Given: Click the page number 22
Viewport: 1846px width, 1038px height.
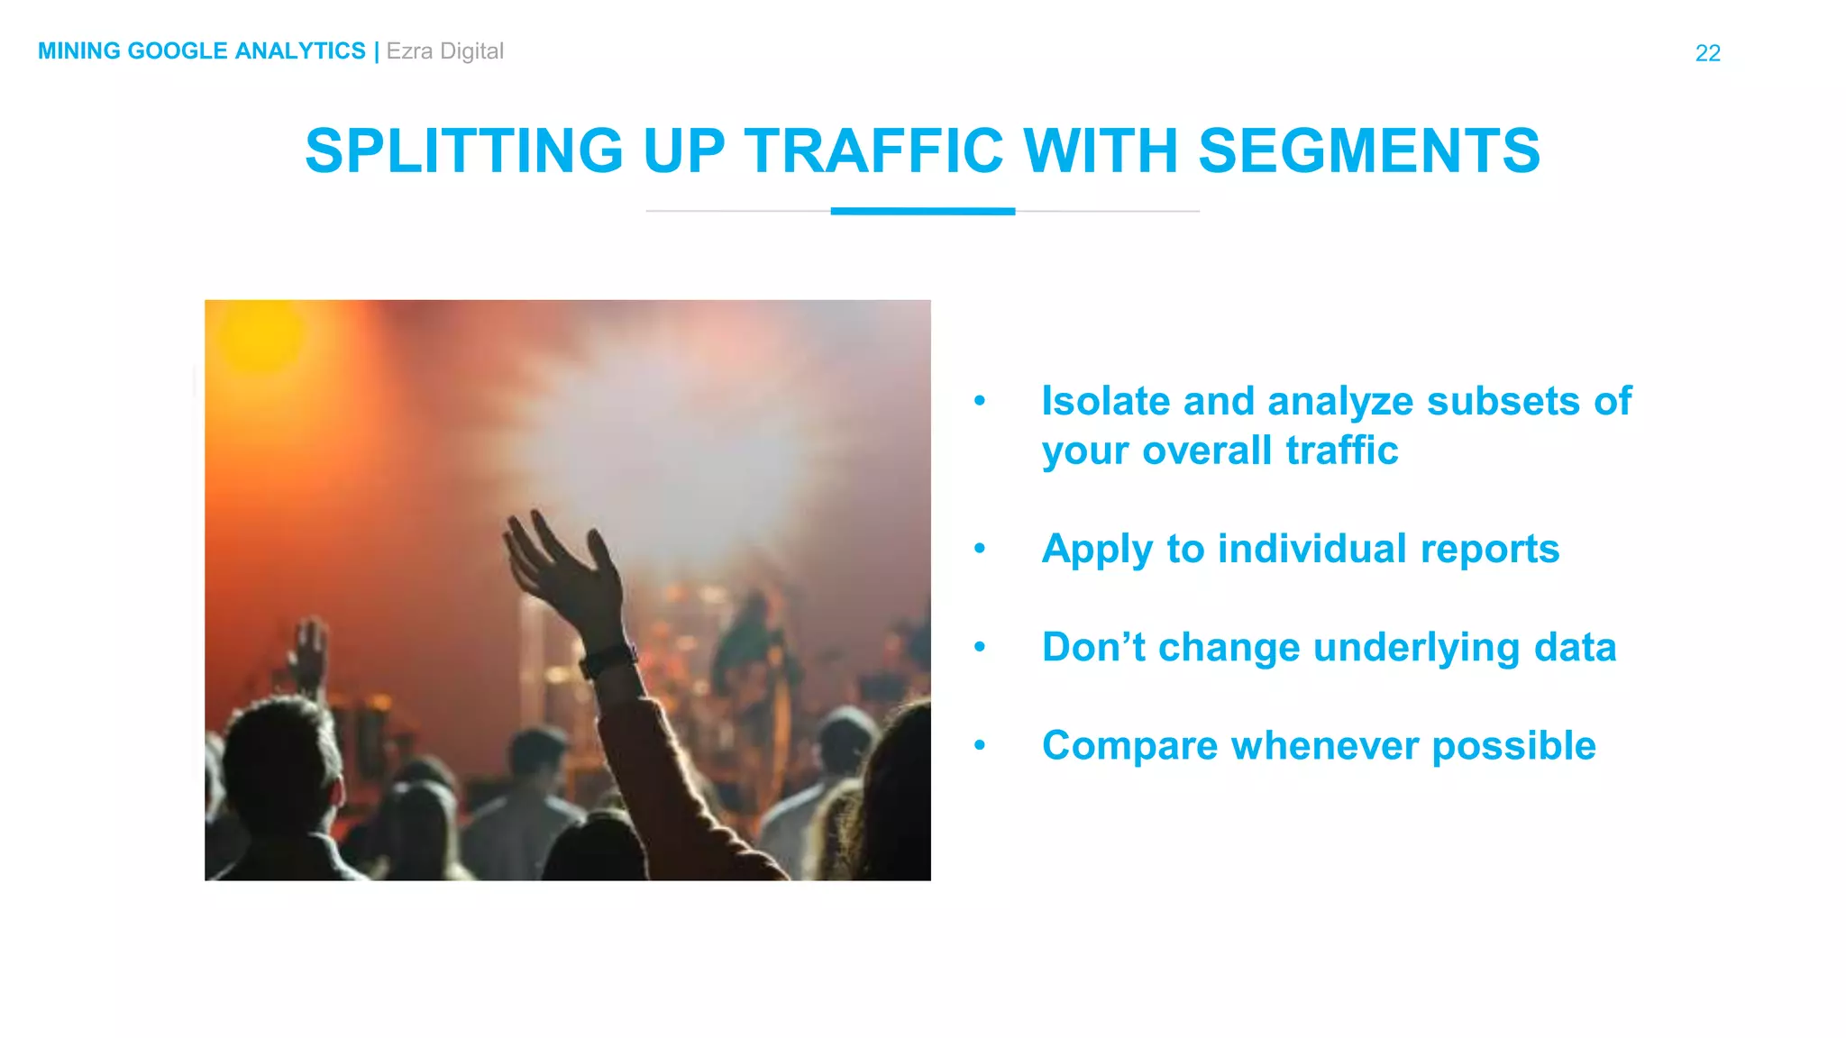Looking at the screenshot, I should coord(1707,53).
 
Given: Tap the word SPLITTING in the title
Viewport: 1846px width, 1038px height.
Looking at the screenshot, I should coord(463,150).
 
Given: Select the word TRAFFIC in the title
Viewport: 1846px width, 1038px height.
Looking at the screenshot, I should coord(873,150).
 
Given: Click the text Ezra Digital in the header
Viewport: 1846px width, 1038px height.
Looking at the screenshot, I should coord(444,51).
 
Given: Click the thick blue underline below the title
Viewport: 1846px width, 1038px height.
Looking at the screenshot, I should coord(922,211).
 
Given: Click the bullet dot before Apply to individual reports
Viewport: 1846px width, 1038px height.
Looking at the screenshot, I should coord(980,549).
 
